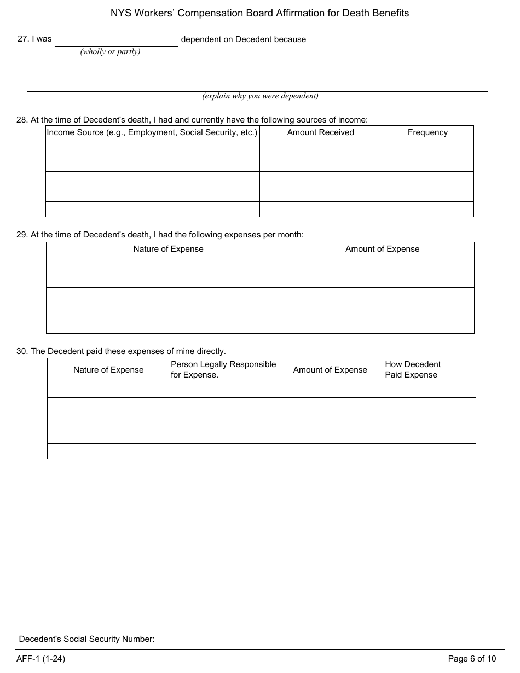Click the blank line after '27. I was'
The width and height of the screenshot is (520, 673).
(x=116, y=40)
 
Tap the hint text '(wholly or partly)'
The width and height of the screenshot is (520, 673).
(x=110, y=52)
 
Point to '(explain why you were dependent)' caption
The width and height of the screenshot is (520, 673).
(x=260, y=96)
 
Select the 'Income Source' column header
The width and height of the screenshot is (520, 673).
(x=152, y=132)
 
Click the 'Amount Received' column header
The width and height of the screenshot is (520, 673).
(x=320, y=132)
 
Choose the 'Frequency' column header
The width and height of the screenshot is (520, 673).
(x=427, y=132)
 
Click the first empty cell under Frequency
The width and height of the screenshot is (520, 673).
(x=427, y=148)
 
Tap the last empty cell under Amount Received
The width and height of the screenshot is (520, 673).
(x=320, y=210)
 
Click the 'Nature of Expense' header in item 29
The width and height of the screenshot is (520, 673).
(x=168, y=249)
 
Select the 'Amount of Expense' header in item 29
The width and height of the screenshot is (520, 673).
(x=382, y=249)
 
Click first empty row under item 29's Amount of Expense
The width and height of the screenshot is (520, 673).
(x=382, y=265)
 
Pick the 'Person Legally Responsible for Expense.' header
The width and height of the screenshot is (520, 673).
(x=224, y=370)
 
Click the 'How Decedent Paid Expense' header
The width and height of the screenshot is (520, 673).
(x=413, y=370)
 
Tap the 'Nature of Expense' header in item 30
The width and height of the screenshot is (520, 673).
(x=108, y=370)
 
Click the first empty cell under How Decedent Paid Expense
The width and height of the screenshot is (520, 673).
(x=430, y=390)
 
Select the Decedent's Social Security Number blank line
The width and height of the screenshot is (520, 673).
(x=211, y=640)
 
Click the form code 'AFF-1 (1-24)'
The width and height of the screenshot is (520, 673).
(x=41, y=659)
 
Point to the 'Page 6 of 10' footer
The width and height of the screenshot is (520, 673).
(x=472, y=659)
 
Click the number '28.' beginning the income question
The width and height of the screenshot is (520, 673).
(x=22, y=120)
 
